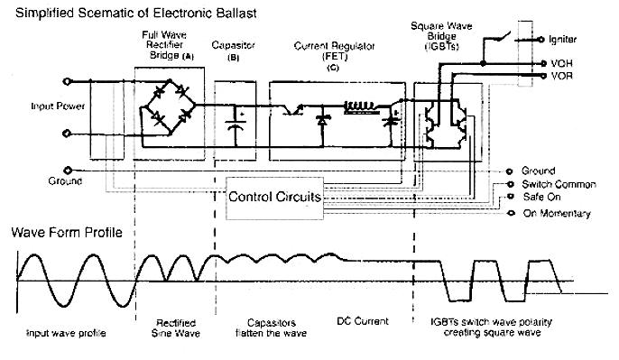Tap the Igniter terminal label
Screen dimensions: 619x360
click(x=562, y=40)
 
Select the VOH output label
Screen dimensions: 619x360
click(x=561, y=63)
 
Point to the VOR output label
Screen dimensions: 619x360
click(x=561, y=76)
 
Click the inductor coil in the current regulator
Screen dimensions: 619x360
click(x=359, y=106)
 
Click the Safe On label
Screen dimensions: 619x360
click(x=541, y=197)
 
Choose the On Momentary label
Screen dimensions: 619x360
click(x=557, y=213)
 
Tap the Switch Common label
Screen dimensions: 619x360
click(x=559, y=184)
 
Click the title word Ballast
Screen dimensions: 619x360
click(x=236, y=13)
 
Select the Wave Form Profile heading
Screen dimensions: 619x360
click(x=67, y=232)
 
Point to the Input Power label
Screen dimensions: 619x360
click(x=58, y=106)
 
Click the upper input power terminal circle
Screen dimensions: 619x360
click(x=67, y=81)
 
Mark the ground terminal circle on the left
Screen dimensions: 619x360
click(x=68, y=171)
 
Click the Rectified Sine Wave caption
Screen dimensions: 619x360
click(x=176, y=328)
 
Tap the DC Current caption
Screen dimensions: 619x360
click(x=363, y=321)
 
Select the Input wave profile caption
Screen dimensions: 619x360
click(x=66, y=333)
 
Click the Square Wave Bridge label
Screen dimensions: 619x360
click(x=441, y=36)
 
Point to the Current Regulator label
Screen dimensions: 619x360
click(x=334, y=51)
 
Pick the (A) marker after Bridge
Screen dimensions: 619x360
click(x=188, y=57)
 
